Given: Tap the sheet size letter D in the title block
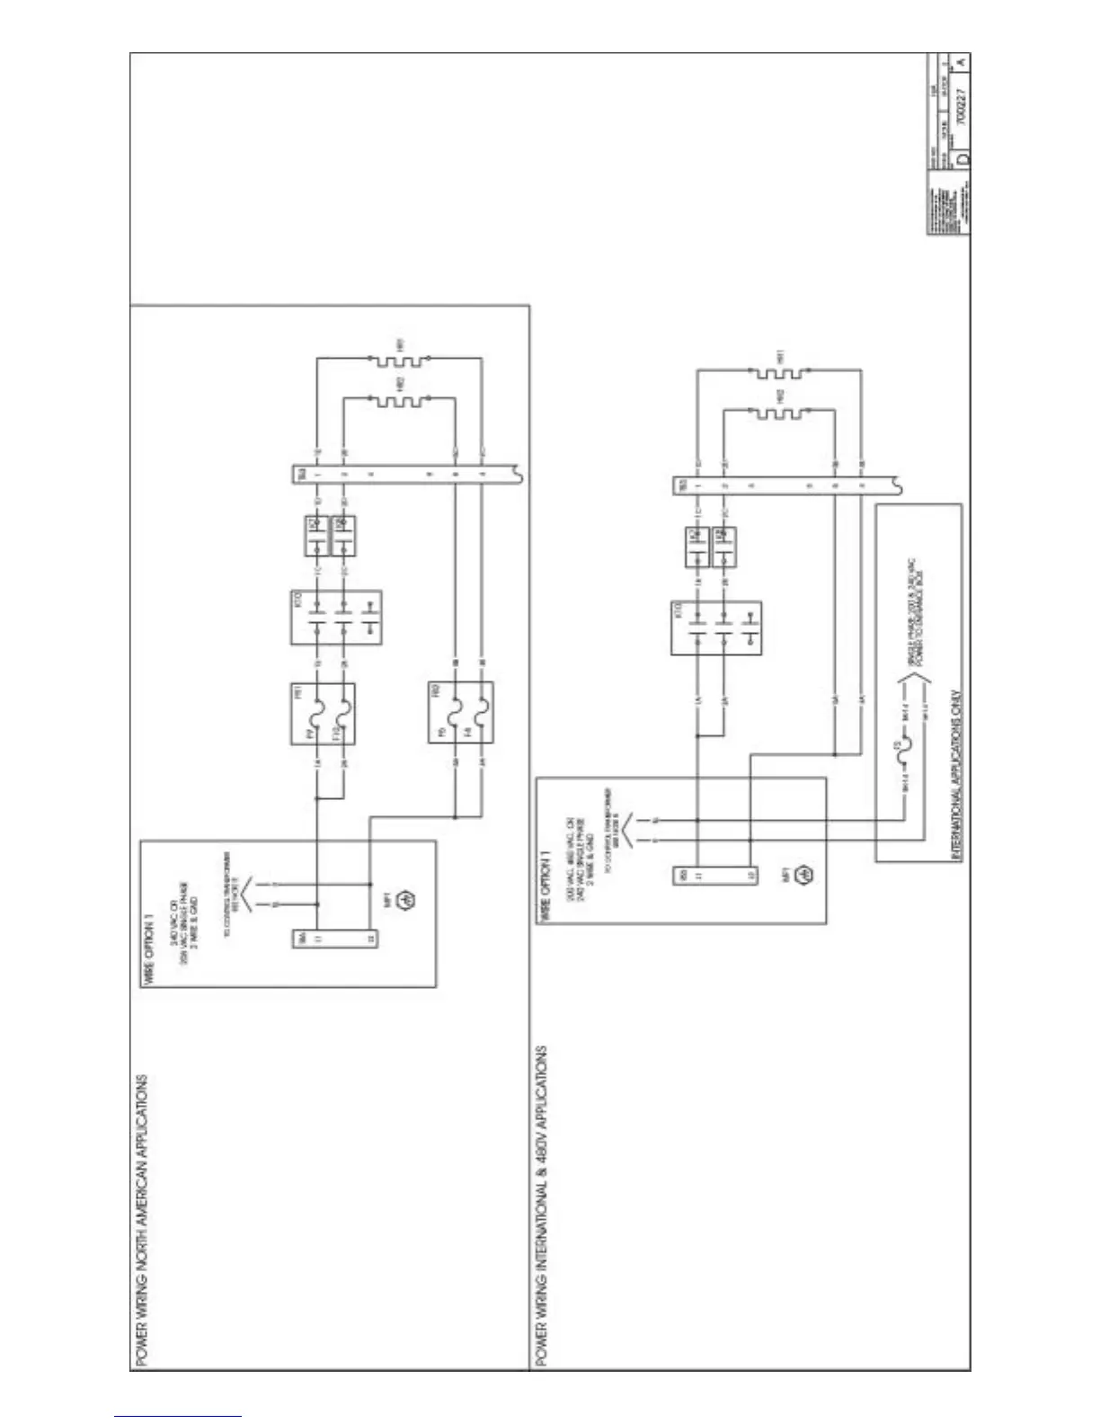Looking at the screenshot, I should click(x=962, y=157).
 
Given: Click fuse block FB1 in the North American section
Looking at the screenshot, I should click(x=323, y=713).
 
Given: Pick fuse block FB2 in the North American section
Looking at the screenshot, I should click(x=461, y=712).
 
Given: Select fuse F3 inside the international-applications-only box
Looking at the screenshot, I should click(x=903, y=746).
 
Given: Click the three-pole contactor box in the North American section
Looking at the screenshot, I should click(x=336, y=618).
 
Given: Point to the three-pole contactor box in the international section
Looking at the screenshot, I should click(x=716, y=627).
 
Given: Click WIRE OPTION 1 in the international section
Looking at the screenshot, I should click(x=545, y=891).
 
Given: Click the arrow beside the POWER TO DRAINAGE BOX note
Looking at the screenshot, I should click(x=904, y=695).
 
